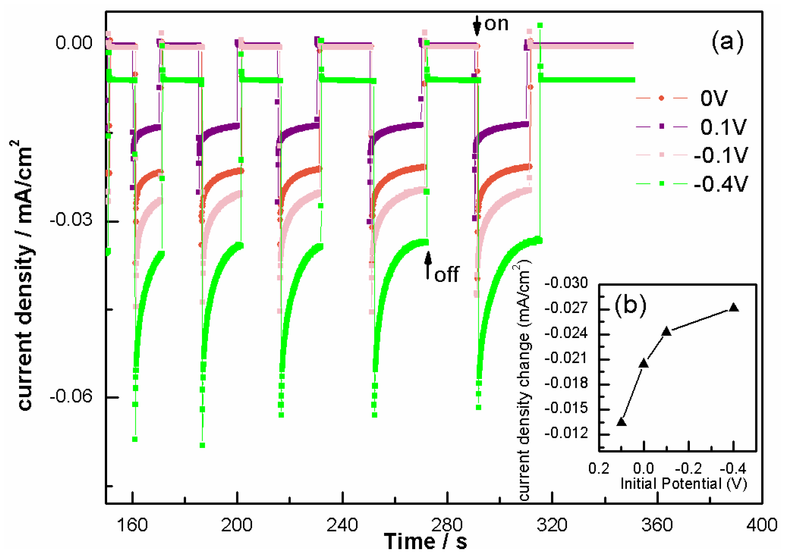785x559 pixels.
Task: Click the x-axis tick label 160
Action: click(x=132, y=525)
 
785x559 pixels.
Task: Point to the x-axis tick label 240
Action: click(x=342, y=525)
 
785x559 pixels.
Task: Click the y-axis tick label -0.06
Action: click(x=71, y=396)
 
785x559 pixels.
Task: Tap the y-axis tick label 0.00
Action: click(x=74, y=43)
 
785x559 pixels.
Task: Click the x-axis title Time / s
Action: click(x=425, y=541)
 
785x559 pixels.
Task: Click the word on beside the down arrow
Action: click(x=496, y=24)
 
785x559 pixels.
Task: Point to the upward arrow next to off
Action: click(x=428, y=266)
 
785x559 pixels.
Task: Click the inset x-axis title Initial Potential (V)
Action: click(x=684, y=484)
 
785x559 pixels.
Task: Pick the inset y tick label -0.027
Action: click(x=566, y=308)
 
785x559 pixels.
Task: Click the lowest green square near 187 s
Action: click(x=202, y=445)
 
